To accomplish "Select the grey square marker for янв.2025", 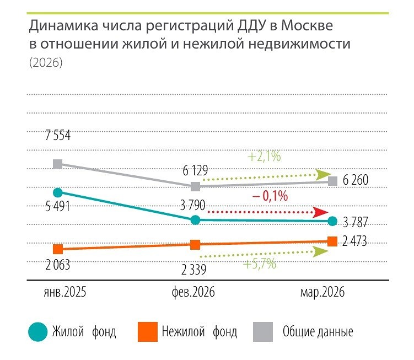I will click(x=57, y=164).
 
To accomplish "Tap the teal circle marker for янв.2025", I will click(x=57, y=192).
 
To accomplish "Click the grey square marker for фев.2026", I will click(x=195, y=186).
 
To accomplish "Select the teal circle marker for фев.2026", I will click(x=195, y=220).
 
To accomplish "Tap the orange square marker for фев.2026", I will click(x=195, y=245).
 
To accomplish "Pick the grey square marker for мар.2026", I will click(x=332, y=181).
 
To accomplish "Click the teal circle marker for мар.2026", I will click(x=332, y=221).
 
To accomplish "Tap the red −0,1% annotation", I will click(x=271, y=195).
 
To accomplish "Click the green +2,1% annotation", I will click(x=264, y=157).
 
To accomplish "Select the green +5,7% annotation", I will click(x=259, y=264).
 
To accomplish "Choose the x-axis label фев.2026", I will click(x=192, y=293).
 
